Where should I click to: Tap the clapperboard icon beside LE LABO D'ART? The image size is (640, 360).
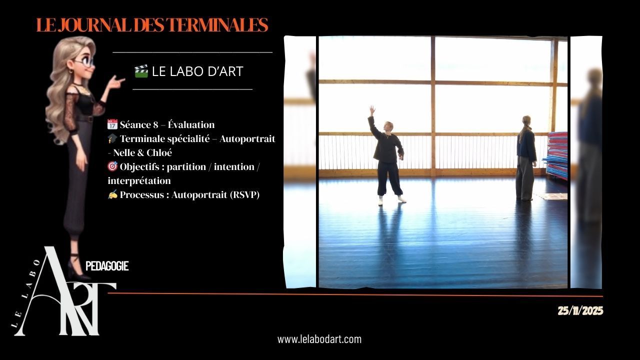(x=141, y=71)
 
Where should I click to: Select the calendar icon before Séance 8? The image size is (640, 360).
(x=112, y=124)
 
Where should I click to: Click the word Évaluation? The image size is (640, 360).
(x=191, y=124)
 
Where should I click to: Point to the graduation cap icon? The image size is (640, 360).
(x=112, y=138)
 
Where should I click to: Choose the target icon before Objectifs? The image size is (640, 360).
(x=112, y=166)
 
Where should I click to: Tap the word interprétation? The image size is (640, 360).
(x=139, y=180)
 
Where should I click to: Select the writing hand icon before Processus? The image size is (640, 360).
(x=112, y=194)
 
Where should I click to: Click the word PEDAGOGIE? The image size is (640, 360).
(x=107, y=266)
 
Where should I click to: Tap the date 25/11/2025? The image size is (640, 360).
(x=580, y=311)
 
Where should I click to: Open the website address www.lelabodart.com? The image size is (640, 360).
(x=319, y=339)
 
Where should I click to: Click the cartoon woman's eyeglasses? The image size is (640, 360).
(x=84, y=61)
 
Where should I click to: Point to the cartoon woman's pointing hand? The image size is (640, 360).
(x=116, y=81)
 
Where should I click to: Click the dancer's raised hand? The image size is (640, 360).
(x=371, y=109)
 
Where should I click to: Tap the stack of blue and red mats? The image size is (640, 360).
(x=555, y=155)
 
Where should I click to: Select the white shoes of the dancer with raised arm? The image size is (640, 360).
(x=392, y=200)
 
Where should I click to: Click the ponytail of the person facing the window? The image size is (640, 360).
(x=522, y=134)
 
